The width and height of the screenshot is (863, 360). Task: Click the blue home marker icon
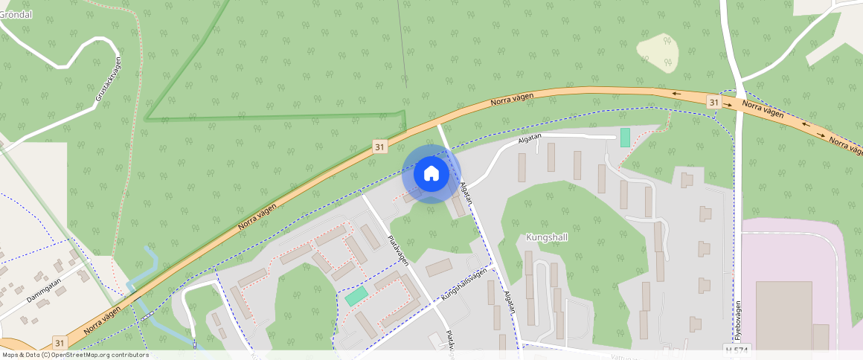coord(431,174)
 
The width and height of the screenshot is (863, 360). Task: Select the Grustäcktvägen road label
coord(109,79)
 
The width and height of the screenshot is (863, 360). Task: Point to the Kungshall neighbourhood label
coord(547,238)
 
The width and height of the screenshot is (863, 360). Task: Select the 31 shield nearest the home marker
coord(380,147)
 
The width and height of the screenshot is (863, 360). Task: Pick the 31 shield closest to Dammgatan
coord(60,343)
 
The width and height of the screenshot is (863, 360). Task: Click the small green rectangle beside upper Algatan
coord(625,138)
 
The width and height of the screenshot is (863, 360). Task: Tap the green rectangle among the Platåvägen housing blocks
coord(356,295)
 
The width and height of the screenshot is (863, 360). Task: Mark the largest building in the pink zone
coord(783,315)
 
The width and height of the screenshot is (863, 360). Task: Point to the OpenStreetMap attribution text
coord(76,355)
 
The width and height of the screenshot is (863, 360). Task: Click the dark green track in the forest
coord(275,117)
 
